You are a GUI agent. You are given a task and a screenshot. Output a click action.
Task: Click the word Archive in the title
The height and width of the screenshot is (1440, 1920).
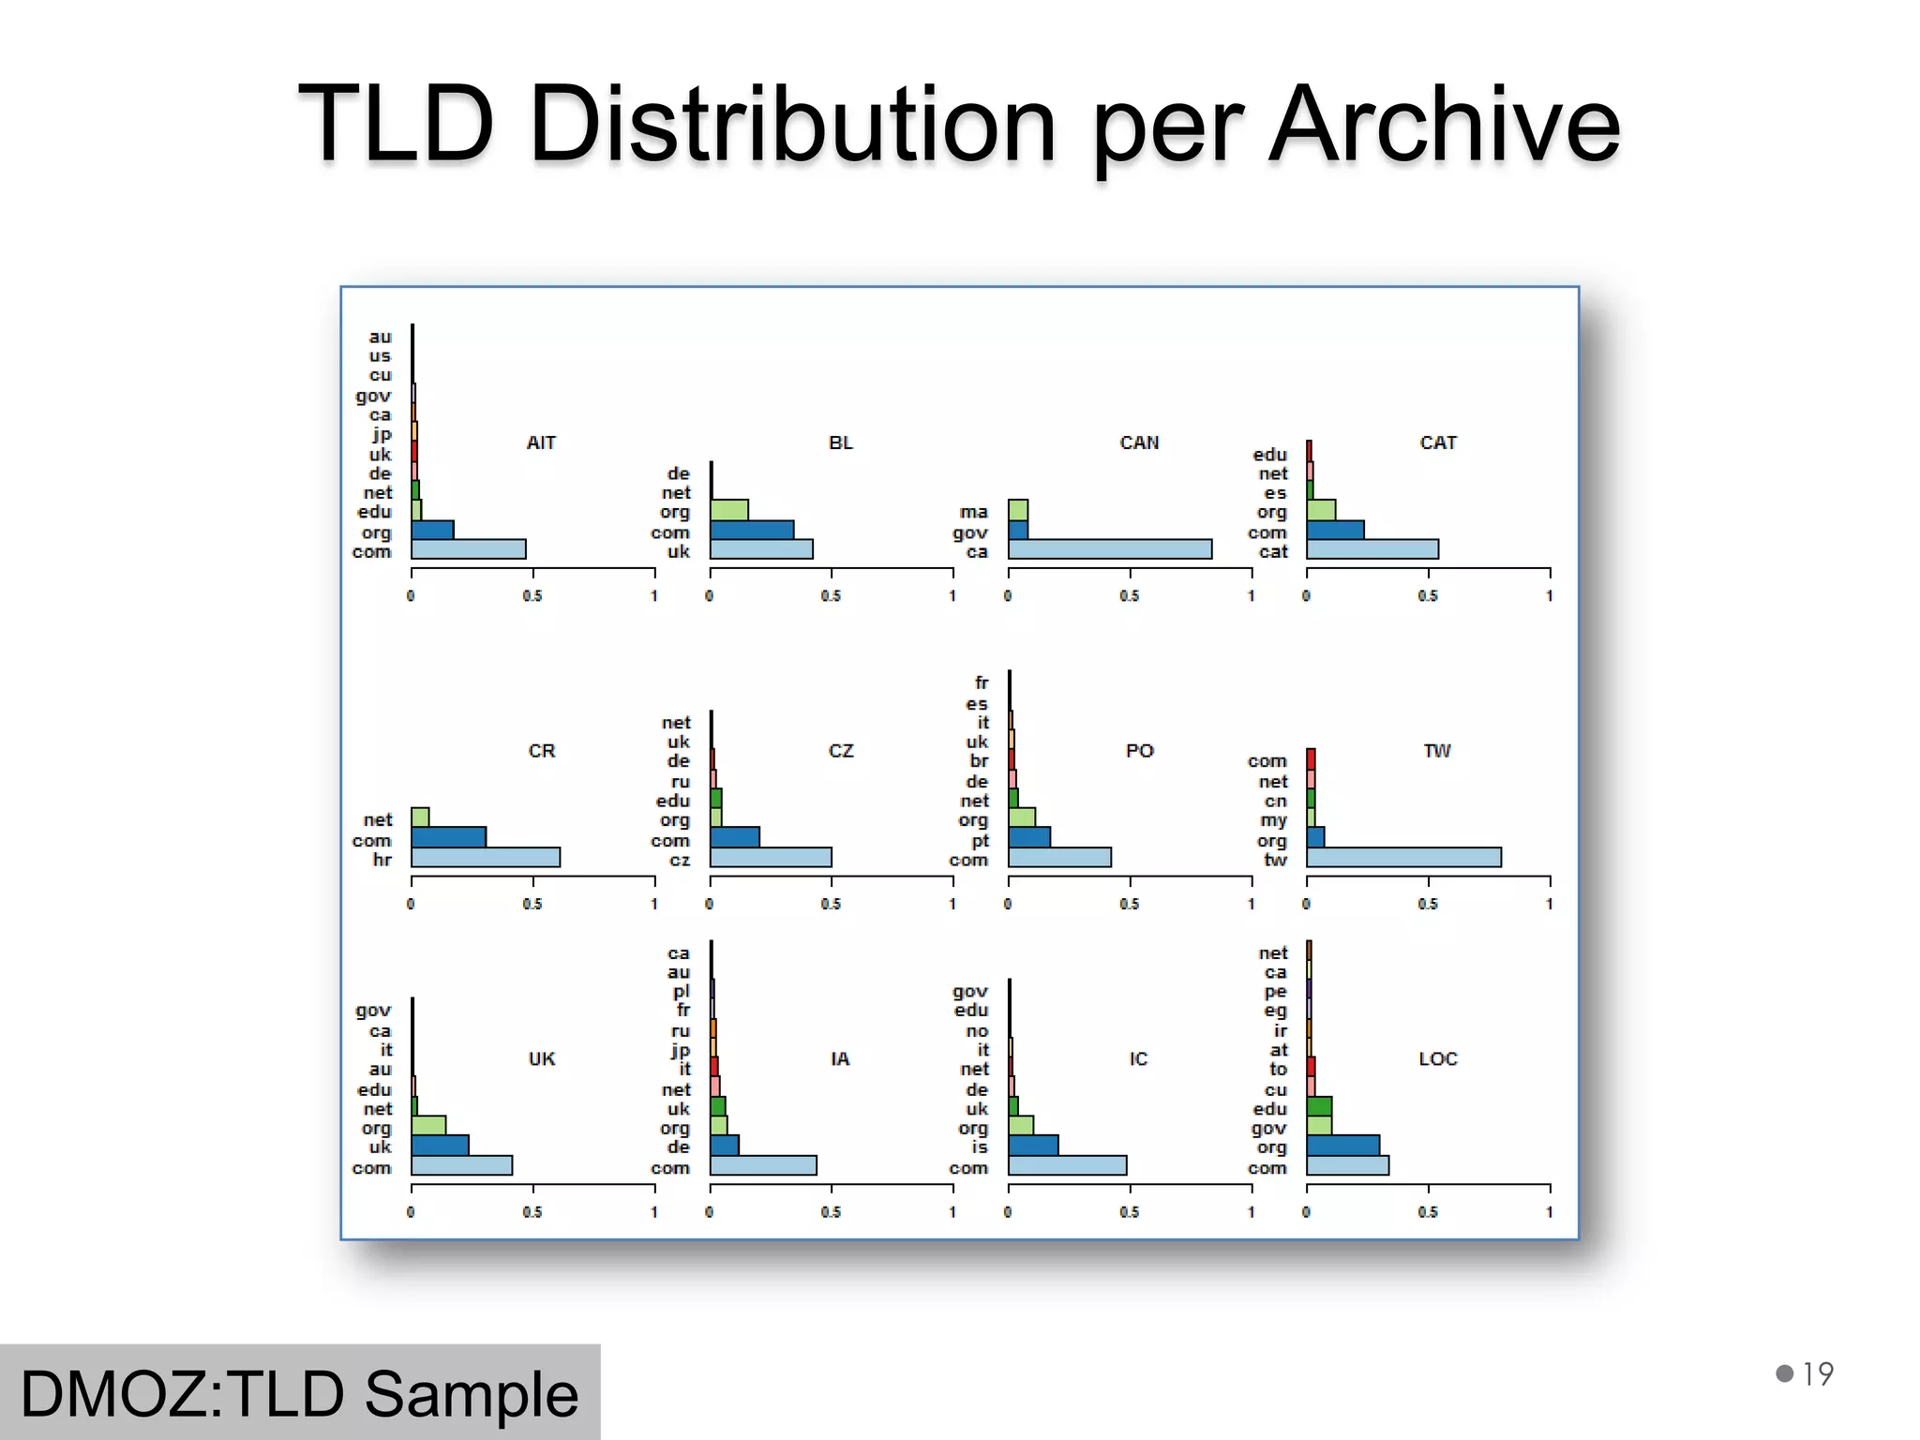point(1444,125)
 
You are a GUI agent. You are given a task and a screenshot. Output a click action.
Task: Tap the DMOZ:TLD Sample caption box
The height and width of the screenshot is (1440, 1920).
point(299,1393)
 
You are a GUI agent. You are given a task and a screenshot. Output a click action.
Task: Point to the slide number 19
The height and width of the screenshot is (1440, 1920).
point(1817,1374)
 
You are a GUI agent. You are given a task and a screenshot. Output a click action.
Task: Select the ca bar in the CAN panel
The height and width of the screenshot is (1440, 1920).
point(1109,549)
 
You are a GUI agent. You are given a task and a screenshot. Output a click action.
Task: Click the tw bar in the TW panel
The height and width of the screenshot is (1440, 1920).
point(1403,857)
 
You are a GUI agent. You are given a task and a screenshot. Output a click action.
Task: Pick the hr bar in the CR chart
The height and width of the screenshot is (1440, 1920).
point(485,857)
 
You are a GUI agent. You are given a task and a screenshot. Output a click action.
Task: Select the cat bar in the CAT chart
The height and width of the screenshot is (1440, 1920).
point(1372,549)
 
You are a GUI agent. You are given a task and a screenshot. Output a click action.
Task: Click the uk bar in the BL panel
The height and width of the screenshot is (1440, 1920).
point(760,549)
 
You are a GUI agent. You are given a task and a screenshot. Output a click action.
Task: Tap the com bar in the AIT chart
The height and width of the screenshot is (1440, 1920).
point(468,549)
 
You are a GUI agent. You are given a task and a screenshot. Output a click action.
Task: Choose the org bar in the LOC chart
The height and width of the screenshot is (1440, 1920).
point(1342,1146)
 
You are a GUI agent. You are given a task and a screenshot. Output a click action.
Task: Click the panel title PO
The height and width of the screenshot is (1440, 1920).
point(1139,751)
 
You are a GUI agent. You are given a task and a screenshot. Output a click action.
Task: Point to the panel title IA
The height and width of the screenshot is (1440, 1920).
point(839,1058)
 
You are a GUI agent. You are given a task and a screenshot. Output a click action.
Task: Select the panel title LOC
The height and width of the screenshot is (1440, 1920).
point(1437,1058)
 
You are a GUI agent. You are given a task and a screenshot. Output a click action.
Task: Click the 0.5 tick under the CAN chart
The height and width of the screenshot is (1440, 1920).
point(1129,596)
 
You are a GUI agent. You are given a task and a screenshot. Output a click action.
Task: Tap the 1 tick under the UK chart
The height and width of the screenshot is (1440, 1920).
point(653,1212)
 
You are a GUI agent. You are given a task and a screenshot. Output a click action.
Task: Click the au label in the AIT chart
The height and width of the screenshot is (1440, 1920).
point(380,337)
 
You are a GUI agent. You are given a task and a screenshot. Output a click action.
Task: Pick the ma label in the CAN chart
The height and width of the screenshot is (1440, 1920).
point(973,512)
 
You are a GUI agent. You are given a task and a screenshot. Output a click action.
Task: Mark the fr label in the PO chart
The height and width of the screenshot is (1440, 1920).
point(981,682)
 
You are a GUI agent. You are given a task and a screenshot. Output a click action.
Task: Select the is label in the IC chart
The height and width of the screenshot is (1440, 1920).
point(979,1147)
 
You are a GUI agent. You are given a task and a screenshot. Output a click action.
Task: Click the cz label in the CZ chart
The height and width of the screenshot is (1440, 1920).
point(680,860)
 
